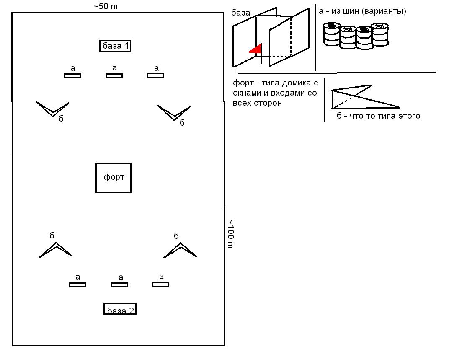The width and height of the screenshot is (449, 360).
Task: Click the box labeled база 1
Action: [x=115, y=46]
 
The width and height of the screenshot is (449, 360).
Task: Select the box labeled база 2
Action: [x=120, y=309]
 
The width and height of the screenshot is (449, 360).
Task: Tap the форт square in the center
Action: [x=114, y=177]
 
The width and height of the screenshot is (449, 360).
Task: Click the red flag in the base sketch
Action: [x=255, y=49]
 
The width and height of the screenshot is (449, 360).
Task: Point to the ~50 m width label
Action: [x=106, y=7]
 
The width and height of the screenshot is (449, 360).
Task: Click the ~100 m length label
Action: [x=230, y=233]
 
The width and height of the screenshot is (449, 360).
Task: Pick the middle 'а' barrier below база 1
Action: [x=114, y=76]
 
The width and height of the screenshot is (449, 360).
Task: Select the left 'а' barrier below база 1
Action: [x=72, y=76]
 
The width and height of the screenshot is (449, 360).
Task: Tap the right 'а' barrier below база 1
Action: [x=155, y=75]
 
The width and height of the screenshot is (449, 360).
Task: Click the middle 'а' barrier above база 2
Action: [x=119, y=285]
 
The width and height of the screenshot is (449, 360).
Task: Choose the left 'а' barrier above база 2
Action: [x=77, y=285]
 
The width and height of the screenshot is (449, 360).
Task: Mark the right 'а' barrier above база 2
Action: [x=160, y=284]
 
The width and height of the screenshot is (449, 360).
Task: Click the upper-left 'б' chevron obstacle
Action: [x=53, y=109]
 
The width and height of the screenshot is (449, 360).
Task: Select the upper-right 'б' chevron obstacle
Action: [x=174, y=113]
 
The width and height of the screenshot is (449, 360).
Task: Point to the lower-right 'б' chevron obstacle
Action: [x=180, y=250]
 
